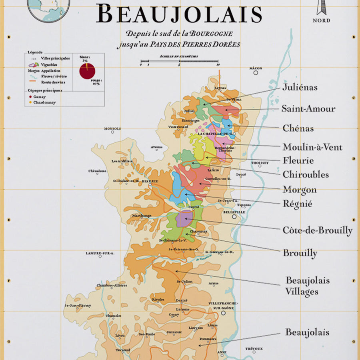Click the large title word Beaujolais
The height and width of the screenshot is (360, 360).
pyautogui.click(x=179, y=15)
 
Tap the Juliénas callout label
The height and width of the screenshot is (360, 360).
pyautogui.click(x=300, y=87)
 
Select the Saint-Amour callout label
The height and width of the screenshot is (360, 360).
pyautogui.click(x=308, y=108)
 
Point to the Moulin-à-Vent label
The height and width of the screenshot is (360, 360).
pyautogui.click(x=312, y=147)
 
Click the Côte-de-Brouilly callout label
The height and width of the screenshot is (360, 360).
pyautogui.click(x=318, y=230)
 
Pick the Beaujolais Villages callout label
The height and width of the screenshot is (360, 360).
pyautogui.click(x=307, y=286)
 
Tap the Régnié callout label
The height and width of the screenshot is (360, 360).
pyautogui.click(x=297, y=204)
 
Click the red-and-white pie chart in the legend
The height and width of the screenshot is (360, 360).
pyautogui.click(x=87, y=71)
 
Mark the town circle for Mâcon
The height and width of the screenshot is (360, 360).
pyautogui.click(x=256, y=73)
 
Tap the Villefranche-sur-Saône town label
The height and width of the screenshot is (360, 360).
pyautogui.click(x=223, y=306)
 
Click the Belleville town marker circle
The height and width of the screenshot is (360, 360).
pyautogui.click(x=234, y=217)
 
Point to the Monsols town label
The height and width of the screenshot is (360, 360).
pyautogui.click(x=112, y=129)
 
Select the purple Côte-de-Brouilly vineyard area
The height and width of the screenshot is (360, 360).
pyautogui.click(x=184, y=219)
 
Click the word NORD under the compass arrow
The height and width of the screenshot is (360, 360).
pyautogui.click(x=321, y=20)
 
